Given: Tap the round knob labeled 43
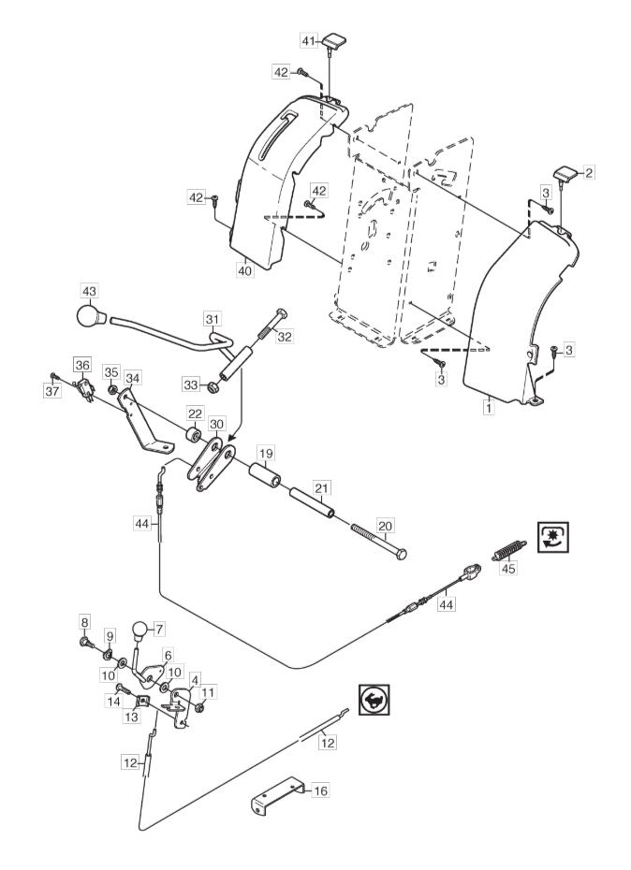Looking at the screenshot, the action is coord(90,317).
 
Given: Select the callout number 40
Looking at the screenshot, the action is coord(245,270).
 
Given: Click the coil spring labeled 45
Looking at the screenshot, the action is coord(508,550).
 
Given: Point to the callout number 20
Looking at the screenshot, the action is coord(386,526).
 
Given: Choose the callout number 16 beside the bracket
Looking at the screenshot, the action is coord(320,790).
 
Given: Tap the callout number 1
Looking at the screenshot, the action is coord(489,408).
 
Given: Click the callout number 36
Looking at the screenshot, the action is coord(82,364).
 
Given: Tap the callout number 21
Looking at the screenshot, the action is coord(321,487).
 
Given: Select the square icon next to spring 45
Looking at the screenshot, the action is coord(553,537).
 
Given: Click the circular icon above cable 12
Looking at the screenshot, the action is coord(374,699).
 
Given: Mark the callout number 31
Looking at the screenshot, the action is coord(213,319).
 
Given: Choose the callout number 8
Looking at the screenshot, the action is coord(84,622).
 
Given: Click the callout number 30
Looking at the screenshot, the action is coord(216,424).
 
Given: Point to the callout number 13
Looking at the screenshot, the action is coord(132,717).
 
